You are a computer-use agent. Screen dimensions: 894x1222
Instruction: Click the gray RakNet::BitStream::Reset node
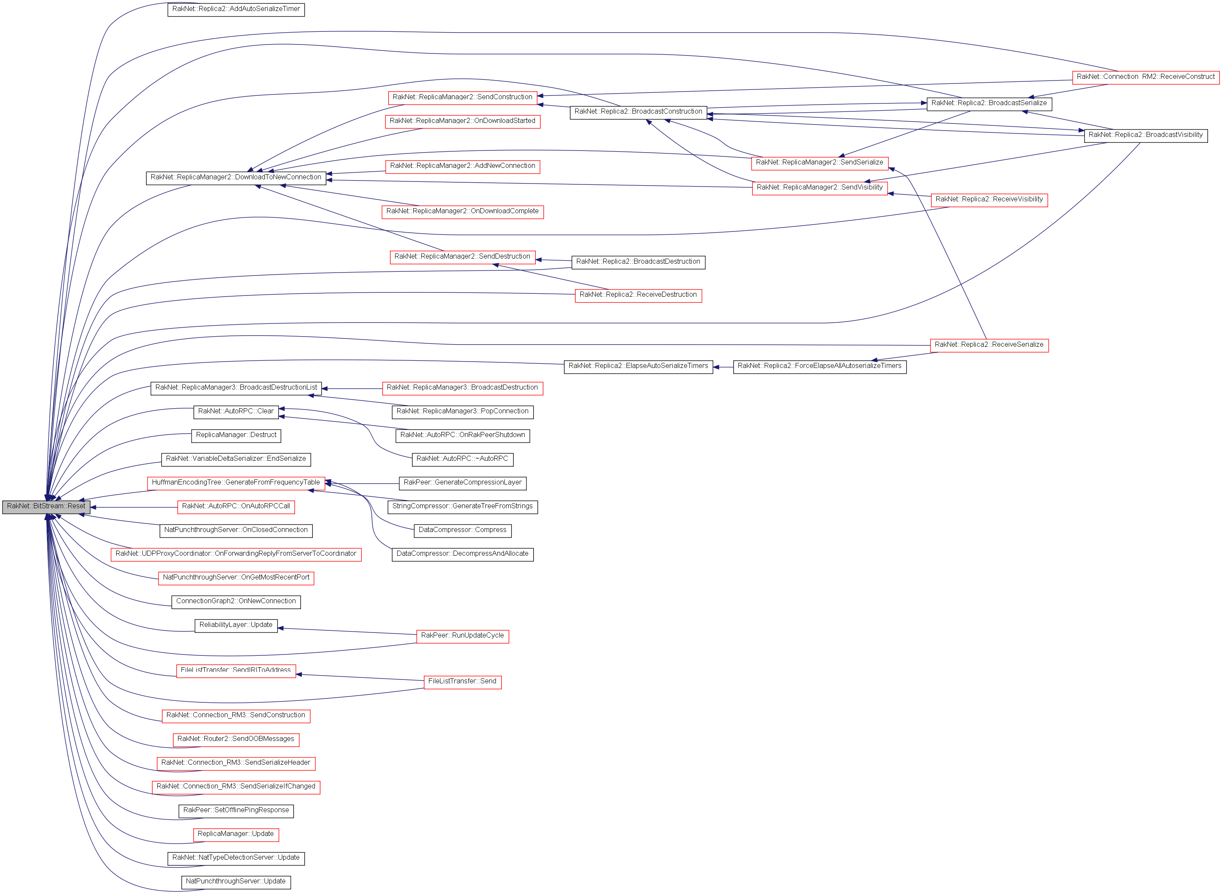[x=46, y=507]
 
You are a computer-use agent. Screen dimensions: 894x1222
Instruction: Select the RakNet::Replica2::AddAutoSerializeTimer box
[x=236, y=9]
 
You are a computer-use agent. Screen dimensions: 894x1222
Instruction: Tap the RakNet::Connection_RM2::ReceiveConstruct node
[x=1145, y=77]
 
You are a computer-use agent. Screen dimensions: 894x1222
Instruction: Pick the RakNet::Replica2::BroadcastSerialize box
[x=989, y=103]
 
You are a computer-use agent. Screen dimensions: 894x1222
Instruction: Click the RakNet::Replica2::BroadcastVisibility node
[x=1145, y=135]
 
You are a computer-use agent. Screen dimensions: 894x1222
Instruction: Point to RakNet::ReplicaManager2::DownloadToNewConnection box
[x=236, y=178]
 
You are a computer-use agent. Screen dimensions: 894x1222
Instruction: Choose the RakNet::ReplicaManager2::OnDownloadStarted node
[x=462, y=121]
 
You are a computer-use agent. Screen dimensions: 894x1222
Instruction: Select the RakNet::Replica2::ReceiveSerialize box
[x=989, y=345]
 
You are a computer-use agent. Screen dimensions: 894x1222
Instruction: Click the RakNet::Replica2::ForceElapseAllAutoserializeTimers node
[x=819, y=366]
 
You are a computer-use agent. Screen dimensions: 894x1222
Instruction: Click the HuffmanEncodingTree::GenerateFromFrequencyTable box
[x=236, y=483]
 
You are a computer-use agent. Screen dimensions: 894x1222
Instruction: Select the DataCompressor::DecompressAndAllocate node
[x=462, y=554]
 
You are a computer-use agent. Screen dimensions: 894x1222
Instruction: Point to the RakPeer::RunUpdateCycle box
[x=462, y=636]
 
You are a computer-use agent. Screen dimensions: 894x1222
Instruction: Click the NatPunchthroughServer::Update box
[x=236, y=882]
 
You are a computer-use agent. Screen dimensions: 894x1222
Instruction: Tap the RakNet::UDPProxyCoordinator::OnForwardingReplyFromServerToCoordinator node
[x=236, y=554]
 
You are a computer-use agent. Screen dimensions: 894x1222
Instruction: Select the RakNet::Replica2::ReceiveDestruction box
[x=638, y=295]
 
